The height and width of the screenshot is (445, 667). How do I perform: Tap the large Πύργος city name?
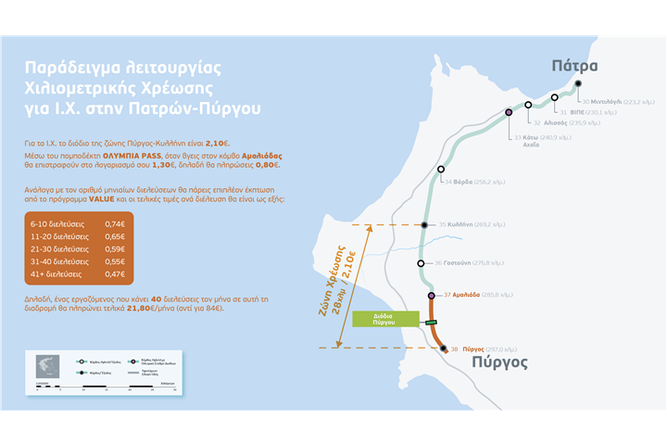[x=499, y=362]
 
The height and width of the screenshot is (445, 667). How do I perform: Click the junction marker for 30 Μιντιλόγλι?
[x=578, y=83]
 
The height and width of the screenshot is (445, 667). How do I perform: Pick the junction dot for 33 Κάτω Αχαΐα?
[x=509, y=112]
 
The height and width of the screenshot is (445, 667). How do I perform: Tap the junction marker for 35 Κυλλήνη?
[x=423, y=224]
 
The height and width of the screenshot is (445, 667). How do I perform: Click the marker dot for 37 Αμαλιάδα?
[x=432, y=295]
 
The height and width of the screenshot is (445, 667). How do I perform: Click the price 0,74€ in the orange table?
[x=114, y=224]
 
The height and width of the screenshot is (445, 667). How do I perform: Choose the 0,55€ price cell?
[x=114, y=262]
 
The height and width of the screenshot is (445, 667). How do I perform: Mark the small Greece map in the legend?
[x=45, y=365]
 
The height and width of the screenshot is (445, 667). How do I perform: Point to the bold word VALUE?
[x=102, y=198]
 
